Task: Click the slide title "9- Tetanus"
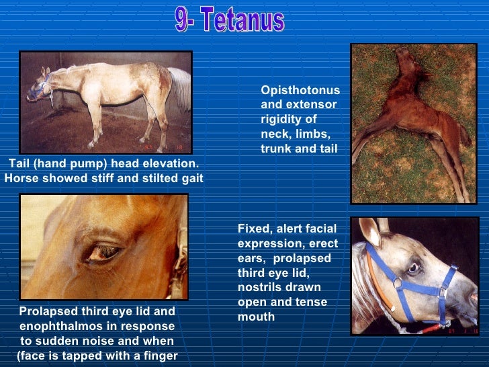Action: coord(230,20)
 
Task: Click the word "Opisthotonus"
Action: coord(300,91)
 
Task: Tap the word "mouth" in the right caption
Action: coord(253,317)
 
